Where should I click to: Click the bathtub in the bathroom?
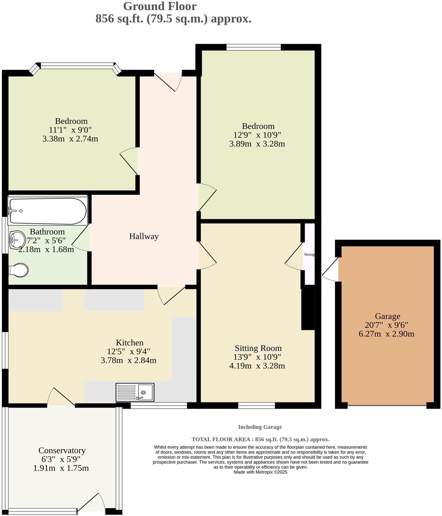click(x=48, y=211)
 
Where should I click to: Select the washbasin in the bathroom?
click(x=17, y=240)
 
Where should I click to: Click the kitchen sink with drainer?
click(x=135, y=392)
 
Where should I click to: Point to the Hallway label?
click(x=144, y=236)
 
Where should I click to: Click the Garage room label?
click(x=387, y=316)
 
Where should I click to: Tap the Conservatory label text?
click(x=62, y=450)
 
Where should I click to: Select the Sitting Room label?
click(x=258, y=348)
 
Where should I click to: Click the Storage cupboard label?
click(x=309, y=254)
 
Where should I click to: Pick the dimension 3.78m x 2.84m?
click(x=128, y=360)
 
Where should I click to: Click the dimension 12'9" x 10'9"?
click(x=257, y=135)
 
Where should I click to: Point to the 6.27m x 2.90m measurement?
click(x=386, y=334)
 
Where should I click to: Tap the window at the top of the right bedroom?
click(x=253, y=47)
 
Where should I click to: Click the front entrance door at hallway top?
click(x=168, y=81)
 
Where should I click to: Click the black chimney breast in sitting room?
click(x=308, y=309)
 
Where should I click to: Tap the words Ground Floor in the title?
click(x=160, y=6)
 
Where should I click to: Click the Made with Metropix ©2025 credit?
click(x=260, y=472)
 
